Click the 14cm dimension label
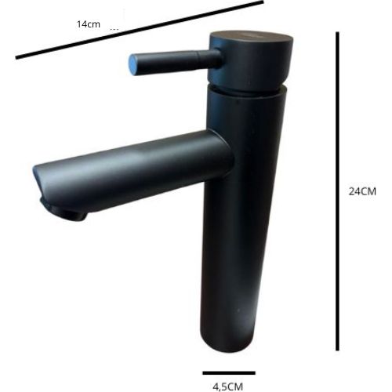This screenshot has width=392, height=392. [x=89, y=24]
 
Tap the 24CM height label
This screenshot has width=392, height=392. [x=363, y=191]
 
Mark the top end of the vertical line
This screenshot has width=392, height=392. [x=338, y=34]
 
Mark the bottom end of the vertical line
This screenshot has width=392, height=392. [x=338, y=350]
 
